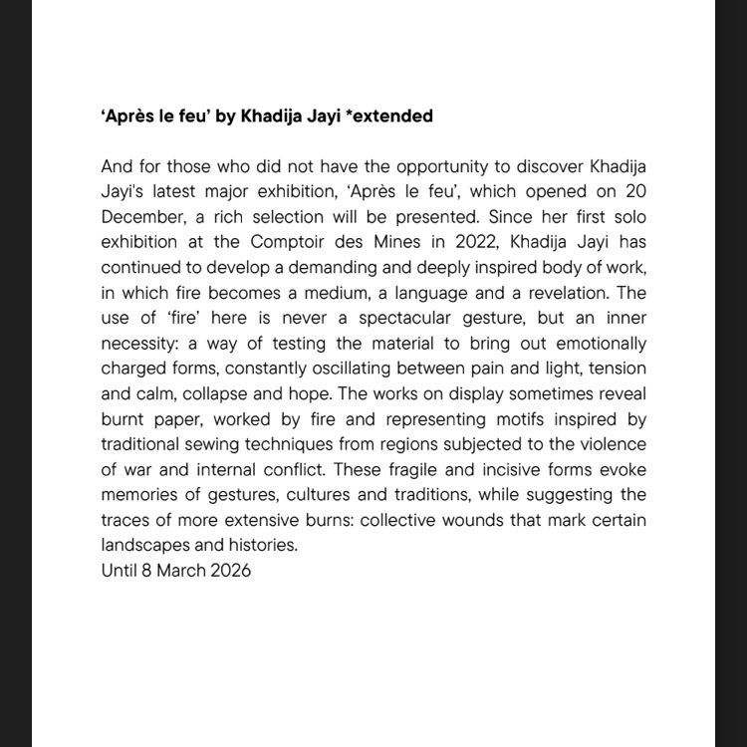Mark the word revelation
click(x=572, y=293)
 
